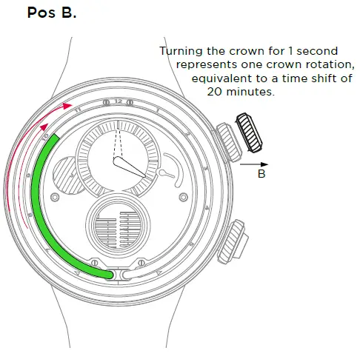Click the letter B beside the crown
[261, 174]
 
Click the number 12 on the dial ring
[118, 100]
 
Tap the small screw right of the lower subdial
[181, 197]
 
